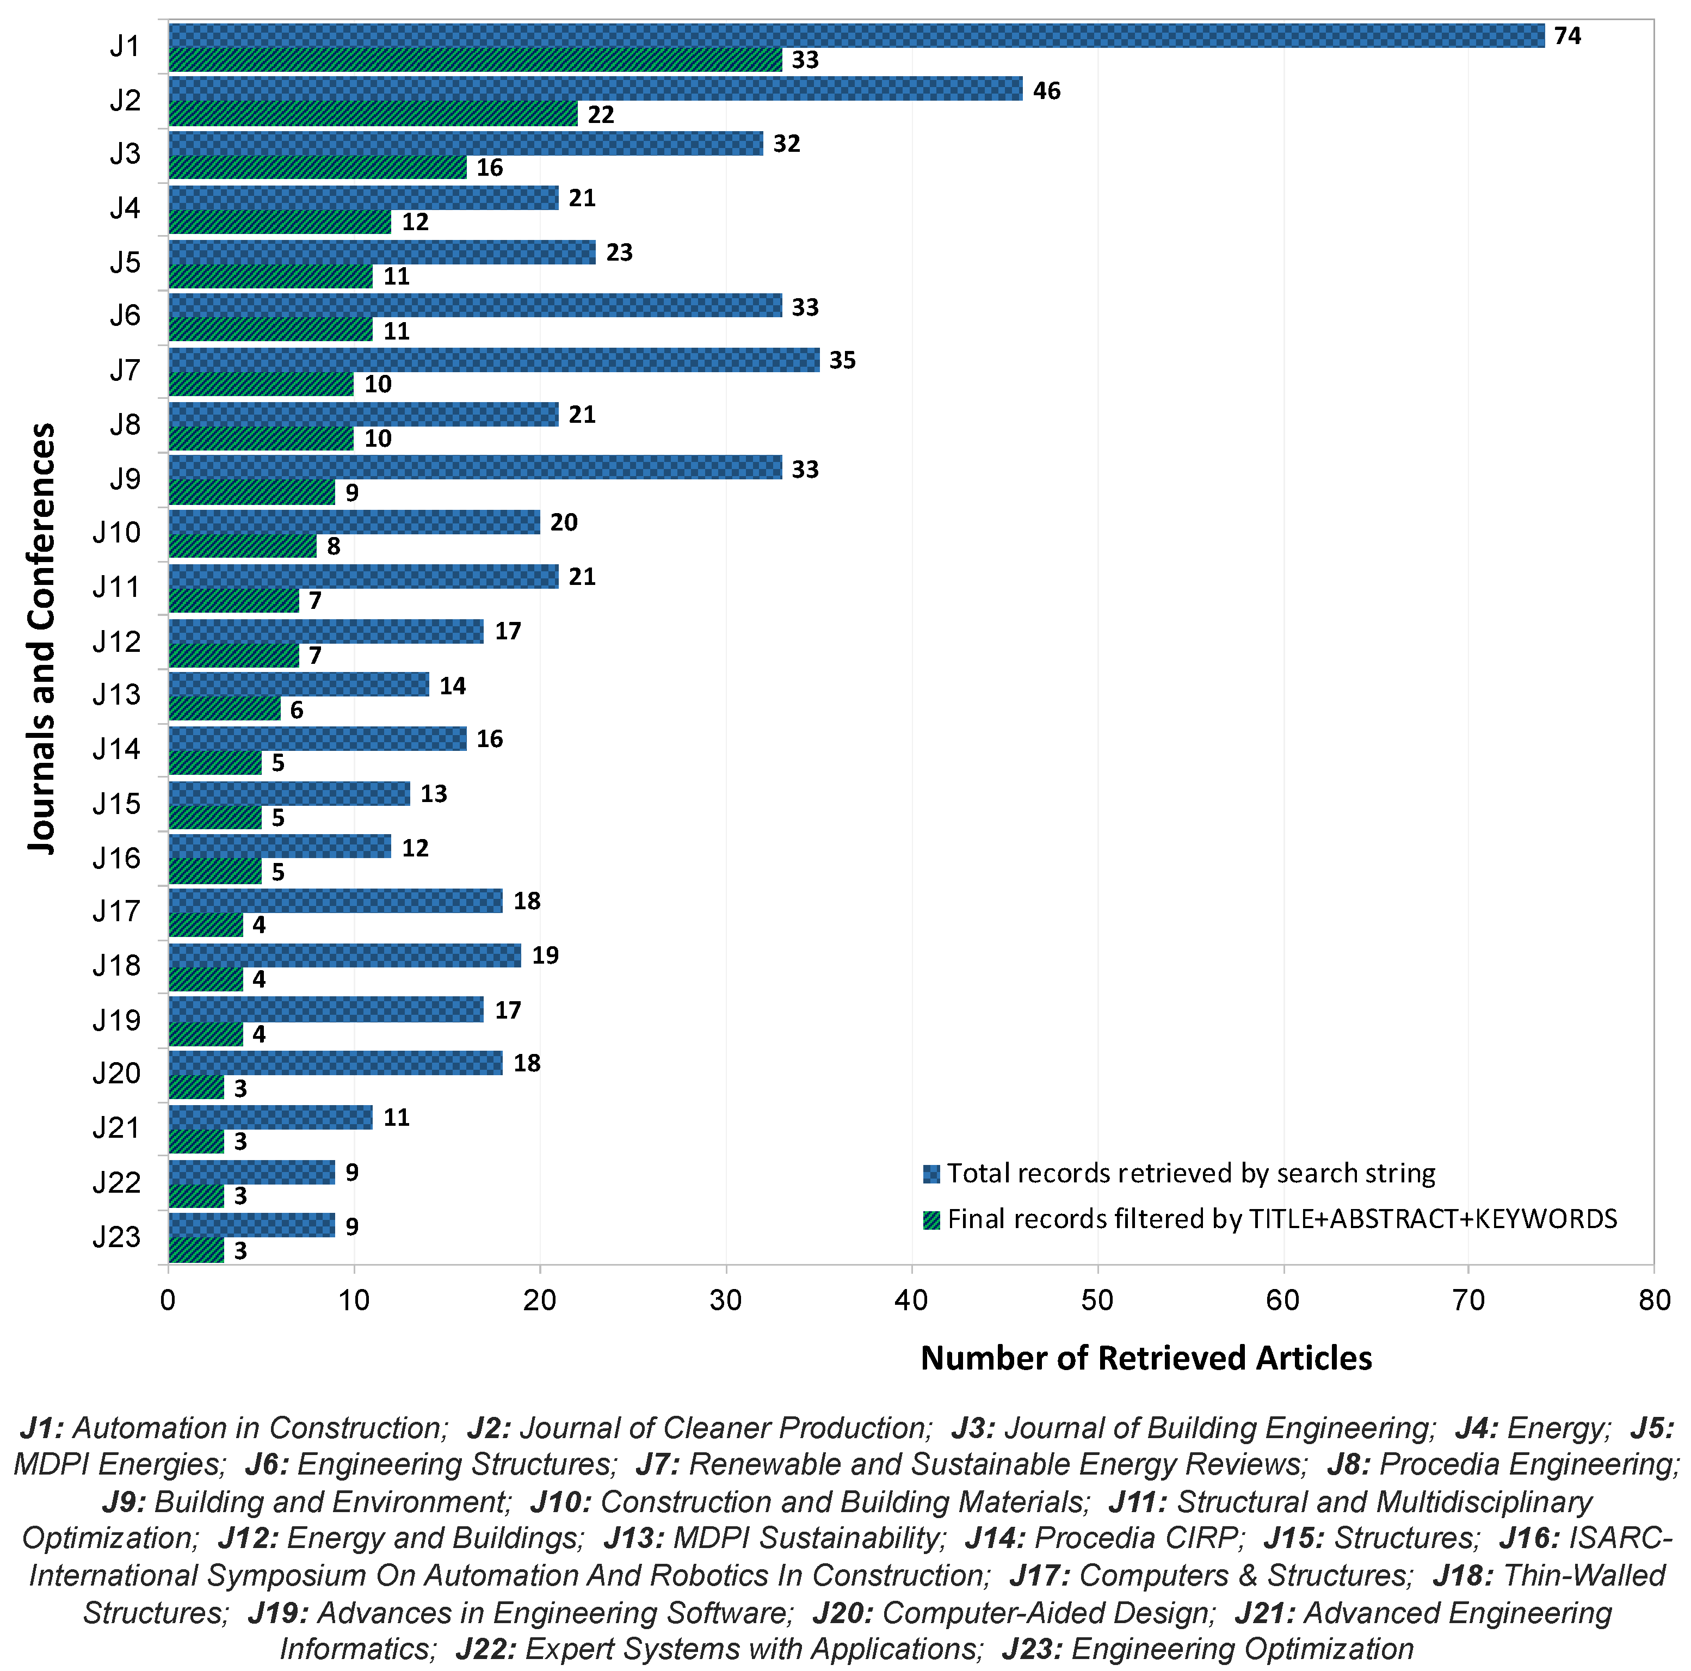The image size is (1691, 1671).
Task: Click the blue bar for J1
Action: (x=856, y=36)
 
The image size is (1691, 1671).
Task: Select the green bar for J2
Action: (x=373, y=114)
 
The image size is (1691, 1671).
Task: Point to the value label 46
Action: (x=1047, y=91)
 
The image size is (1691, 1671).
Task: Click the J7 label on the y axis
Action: (x=125, y=370)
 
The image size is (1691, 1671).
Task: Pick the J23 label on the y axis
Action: (x=116, y=1237)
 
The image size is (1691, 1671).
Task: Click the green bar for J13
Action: (x=224, y=709)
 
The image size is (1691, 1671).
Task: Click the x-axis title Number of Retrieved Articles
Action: (x=1146, y=1358)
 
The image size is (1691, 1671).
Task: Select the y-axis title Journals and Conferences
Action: (x=42, y=638)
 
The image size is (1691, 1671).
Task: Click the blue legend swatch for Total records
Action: (x=931, y=1174)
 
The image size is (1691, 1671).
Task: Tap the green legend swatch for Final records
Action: (x=931, y=1219)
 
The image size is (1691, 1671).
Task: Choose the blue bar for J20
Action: (x=335, y=1063)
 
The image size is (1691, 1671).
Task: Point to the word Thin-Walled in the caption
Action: (x=1583, y=1575)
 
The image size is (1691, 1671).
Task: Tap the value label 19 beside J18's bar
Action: (x=545, y=955)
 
